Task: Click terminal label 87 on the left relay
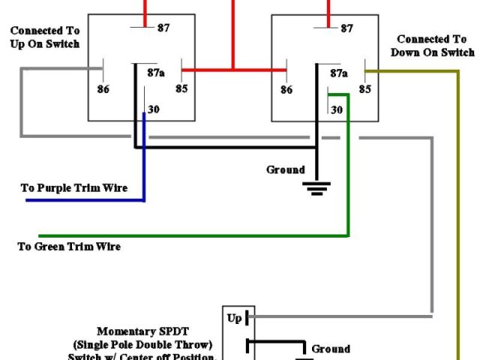tap(163, 28)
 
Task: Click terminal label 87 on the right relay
tap(346, 28)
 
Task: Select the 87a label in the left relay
tap(156, 73)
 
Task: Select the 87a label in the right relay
tap(339, 73)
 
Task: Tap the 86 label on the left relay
tap(103, 88)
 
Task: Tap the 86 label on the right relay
tap(286, 88)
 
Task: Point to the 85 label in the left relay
tap(181, 88)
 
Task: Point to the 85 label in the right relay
tap(365, 88)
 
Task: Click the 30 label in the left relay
tap(154, 109)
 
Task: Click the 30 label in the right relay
tap(337, 109)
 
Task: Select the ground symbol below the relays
tap(316, 187)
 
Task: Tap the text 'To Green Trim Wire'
tap(69, 246)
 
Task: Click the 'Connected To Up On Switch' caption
tap(45, 37)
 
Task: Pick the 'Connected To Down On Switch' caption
tap(433, 46)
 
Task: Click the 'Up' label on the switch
tap(235, 318)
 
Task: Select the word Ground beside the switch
tap(331, 349)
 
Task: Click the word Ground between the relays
tap(286, 169)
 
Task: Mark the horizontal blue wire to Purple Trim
tap(82, 201)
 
